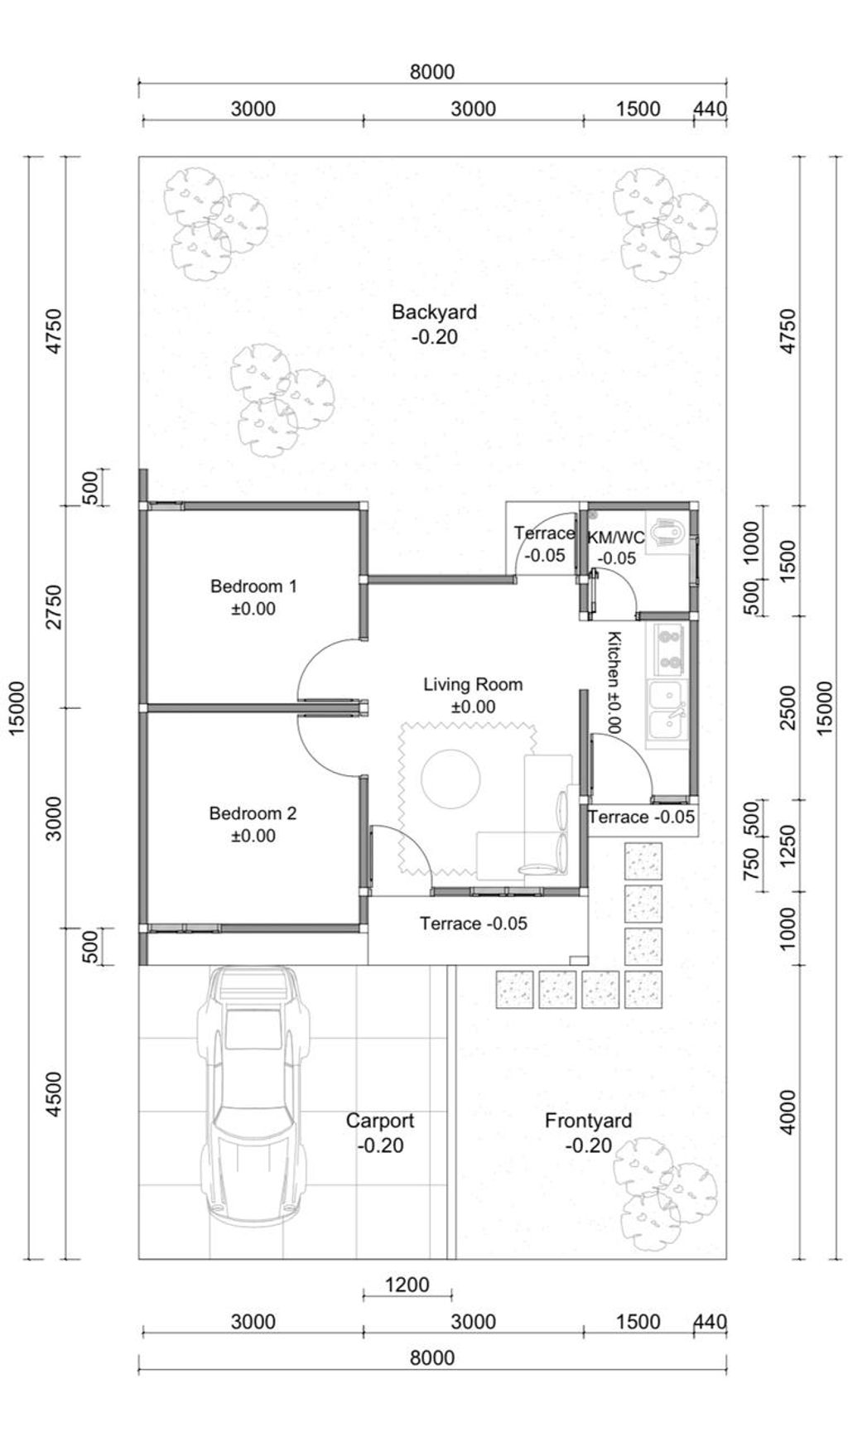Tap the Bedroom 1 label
click(253, 586)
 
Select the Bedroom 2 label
click(253, 813)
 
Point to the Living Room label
click(473, 684)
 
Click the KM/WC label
click(616, 538)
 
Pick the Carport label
click(380, 1121)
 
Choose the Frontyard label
click(588, 1121)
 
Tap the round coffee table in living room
click(450, 779)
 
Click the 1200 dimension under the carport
click(407, 1285)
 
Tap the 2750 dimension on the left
click(54, 606)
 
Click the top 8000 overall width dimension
click(432, 72)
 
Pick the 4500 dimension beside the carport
click(54, 1094)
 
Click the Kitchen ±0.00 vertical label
click(614, 682)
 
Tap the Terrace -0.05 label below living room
click(473, 923)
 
